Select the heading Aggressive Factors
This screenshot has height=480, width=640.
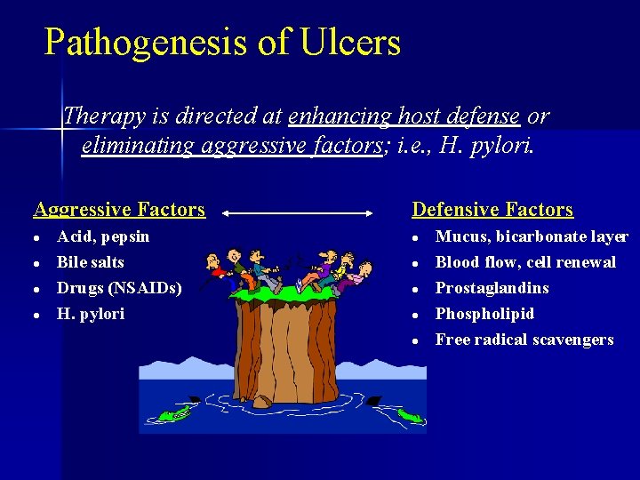click(x=119, y=210)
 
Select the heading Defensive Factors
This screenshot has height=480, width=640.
click(x=492, y=210)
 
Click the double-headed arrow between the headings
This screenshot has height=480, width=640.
click(x=297, y=213)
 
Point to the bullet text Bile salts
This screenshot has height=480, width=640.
click(x=90, y=262)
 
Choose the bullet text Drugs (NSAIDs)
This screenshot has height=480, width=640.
click(x=119, y=288)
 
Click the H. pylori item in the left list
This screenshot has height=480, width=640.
click(x=91, y=314)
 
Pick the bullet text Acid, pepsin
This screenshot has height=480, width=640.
click(x=103, y=236)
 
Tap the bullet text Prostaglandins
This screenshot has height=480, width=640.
click(x=492, y=288)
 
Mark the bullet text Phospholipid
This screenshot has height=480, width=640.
click(x=484, y=314)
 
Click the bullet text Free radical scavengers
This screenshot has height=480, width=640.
click(x=524, y=340)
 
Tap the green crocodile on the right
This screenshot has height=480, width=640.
click(x=408, y=415)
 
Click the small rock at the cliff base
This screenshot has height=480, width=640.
click(x=262, y=401)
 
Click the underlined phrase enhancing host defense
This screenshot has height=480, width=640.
click(x=404, y=116)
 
